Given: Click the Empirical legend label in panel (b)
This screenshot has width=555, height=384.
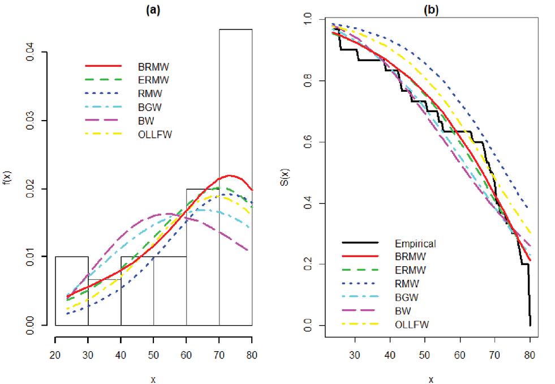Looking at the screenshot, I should point(415,244).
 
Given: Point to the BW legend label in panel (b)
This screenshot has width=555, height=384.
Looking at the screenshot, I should point(404,310).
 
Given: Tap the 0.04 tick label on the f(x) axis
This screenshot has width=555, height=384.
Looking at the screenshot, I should point(34,53).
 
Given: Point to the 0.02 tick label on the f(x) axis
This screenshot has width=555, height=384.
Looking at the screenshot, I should point(34,189).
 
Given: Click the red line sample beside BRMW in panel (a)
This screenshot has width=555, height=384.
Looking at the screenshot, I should point(102,66).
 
